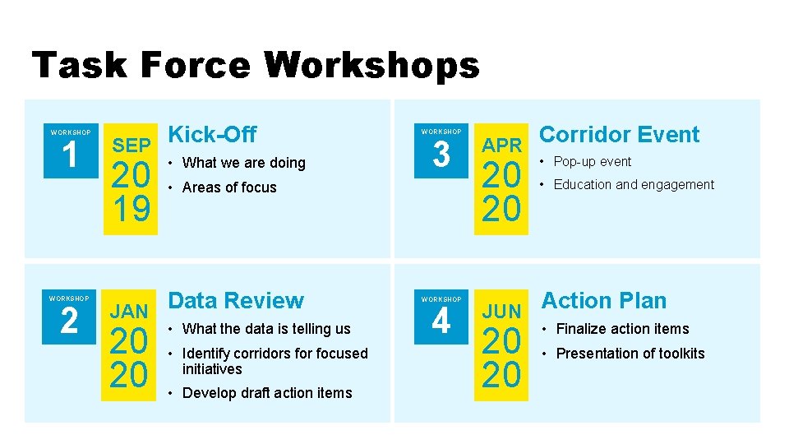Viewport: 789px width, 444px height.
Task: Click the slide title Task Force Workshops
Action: (x=255, y=65)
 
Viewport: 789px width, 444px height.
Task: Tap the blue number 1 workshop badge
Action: (x=70, y=153)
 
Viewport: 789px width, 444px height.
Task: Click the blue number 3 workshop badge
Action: (x=441, y=153)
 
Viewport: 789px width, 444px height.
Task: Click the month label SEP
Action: (x=131, y=146)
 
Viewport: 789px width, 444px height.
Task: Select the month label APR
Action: (x=502, y=146)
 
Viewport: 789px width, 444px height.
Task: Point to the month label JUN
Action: (x=502, y=312)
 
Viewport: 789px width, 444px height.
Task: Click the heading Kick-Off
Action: (x=212, y=134)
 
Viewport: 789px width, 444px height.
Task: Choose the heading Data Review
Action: (x=236, y=300)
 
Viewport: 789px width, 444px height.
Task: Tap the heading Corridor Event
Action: (x=619, y=134)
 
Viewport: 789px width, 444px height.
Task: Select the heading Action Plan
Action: (x=603, y=300)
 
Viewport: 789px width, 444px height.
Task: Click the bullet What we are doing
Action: (x=243, y=163)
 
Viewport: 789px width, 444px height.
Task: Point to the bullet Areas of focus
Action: (x=229, y=187)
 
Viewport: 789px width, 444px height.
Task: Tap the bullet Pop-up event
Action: (x=592, y=161)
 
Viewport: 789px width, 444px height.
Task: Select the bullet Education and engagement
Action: (x=634, y=184)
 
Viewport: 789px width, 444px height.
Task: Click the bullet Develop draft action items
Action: (x=267, y=393)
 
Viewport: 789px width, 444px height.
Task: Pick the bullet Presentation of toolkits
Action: (x=630, y=354)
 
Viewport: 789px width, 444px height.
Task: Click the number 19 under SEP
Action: (x=131, y=210)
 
